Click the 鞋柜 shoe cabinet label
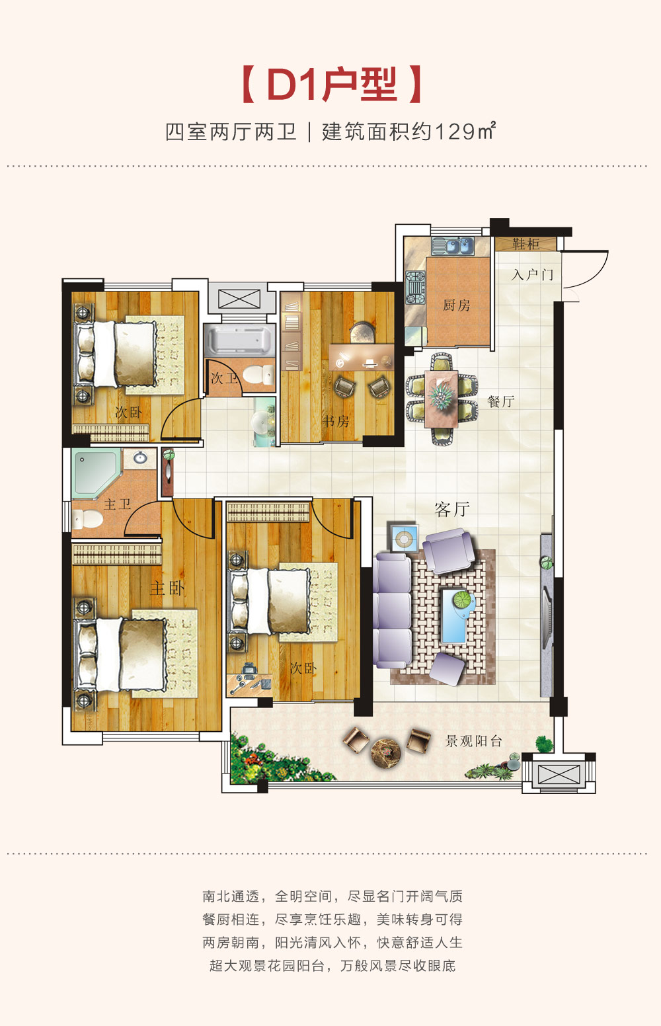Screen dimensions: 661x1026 pyautogui.click(x=526, y=244)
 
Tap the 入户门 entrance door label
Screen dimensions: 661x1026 pyautogui.click(x=532, y=275)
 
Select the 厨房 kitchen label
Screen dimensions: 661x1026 pyautogui.click(x=456, y=305)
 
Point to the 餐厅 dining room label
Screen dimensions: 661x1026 pyautogui.click(x=500, y=402)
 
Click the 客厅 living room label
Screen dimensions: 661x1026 pyautogui.click(x=452, y=509)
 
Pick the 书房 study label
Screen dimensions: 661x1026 pyautogui.click(x=335, y=421)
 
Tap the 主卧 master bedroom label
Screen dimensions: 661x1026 pyautogui.click(x=167, y=588)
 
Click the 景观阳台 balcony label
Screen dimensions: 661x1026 pyautogui.click(x=474, y=740)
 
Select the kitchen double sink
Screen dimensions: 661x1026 pyautogui.click(x=453, y=246)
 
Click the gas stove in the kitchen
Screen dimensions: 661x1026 pyautogui.click(x=416, y=288)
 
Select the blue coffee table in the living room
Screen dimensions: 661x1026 pyautogui.click(x=457, y=615)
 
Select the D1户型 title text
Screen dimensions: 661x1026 pyautogui.click(x=331, y=85)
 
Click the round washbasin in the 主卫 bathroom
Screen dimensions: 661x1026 pyautogui.click(x=140, y=457)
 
